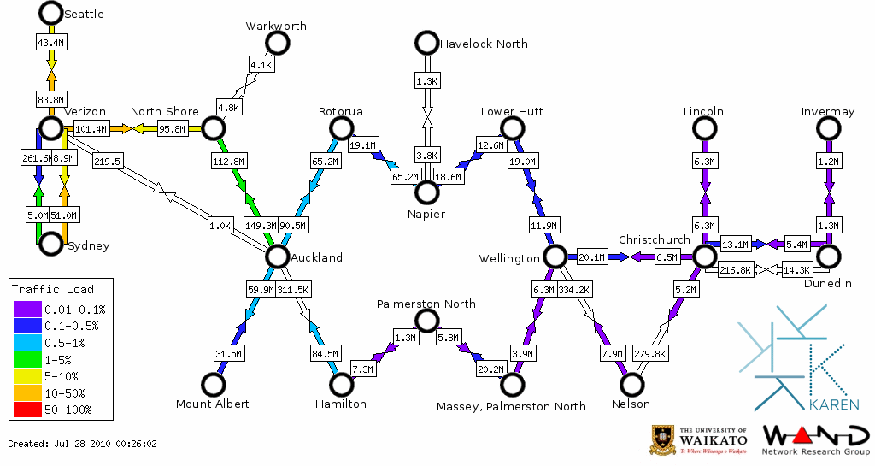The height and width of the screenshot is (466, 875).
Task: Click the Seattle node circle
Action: pyautogui.click(x=51, y=13)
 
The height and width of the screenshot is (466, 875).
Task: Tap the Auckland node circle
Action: pyautogui.click(x=277, y=256)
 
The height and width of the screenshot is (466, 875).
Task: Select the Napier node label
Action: pyautogui.click(x=426, y=214)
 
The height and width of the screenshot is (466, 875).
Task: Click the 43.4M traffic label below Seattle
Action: pyautogui.click(x=51, y=41)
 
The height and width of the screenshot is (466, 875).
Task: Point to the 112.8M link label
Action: pyautogui.click(x=228, y=160)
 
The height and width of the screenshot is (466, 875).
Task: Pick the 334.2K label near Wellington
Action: pyautogui.click(x=574, y=290)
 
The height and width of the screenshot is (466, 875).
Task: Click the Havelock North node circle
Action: pyautogui.click(x=426, y=42)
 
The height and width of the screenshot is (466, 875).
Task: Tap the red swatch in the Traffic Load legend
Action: pyautogui.click(x=26, y=410)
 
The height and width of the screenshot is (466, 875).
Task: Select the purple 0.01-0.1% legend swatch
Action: pyautogui.click(x=26, y=309)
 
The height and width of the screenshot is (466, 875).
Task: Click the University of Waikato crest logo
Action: pyautogui.click(x=662, y=439)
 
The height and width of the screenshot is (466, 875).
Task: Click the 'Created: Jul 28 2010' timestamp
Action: pyautogui.click(x=83, y=444)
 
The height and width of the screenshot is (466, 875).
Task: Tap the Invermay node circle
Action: pyautogui.click(x=827, y=128)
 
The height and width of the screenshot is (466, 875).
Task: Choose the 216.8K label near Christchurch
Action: pyautogui.click(x=736, y=269)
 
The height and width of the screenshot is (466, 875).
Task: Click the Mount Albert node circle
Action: pyautogui.click(x=213, y=385)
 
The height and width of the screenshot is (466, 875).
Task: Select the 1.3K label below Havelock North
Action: pyautogui.click(x=426, y=81)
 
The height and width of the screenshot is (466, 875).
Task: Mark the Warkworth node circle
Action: pyautogui.click(x=277, y=43)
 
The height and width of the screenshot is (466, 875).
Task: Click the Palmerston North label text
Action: pyautogui.click(x=426, y=304)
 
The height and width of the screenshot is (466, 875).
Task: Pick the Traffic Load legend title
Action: pyautogui.click(x=53, y=289)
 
